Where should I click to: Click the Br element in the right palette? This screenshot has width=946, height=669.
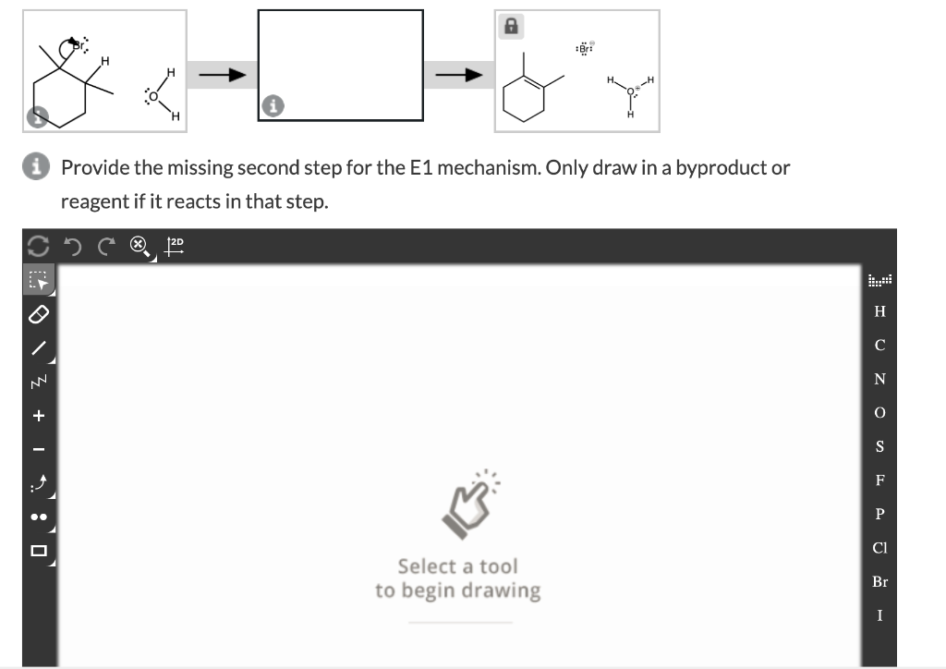point(879,581)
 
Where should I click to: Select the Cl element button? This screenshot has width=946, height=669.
point(879,547)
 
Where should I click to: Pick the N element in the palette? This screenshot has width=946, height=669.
point(879,379)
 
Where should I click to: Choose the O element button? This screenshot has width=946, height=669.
point(879,412)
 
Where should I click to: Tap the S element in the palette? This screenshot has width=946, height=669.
point(879,446)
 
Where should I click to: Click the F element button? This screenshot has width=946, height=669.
point(879,480)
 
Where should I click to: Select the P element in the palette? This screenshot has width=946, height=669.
point(879,514)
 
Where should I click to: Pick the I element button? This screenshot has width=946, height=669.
point(879,614)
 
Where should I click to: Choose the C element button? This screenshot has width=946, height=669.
point(879,346)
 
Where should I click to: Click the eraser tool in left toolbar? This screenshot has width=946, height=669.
point(39,315)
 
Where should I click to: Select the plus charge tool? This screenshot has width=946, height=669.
point(39,416)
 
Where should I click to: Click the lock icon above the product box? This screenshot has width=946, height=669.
point(509,28)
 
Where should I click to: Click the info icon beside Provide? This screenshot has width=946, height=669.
point(40,168)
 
